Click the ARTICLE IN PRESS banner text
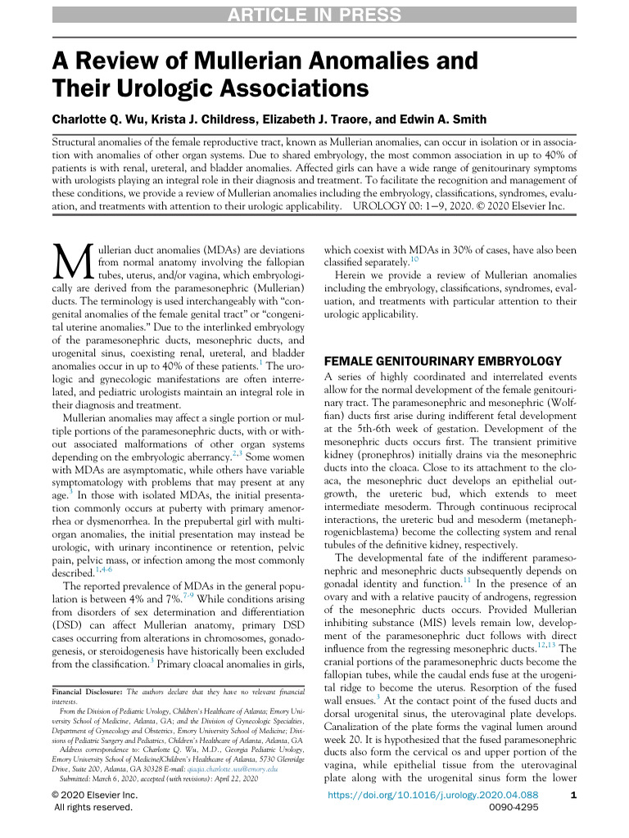(x=314, y=16)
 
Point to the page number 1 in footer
(x=572, y=794)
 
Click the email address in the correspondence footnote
(x=233, y=770)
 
